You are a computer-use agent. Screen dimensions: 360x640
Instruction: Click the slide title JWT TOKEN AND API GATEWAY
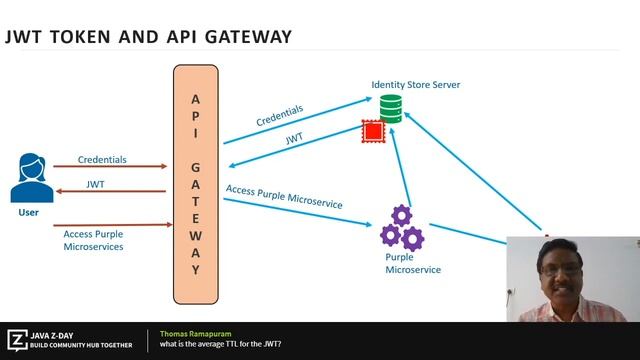pos(148,37)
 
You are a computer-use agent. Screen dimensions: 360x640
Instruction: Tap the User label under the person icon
pos(29,213)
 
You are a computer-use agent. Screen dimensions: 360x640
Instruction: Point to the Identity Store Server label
pos(415,85)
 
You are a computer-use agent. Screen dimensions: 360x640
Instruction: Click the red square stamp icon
pos(373,131)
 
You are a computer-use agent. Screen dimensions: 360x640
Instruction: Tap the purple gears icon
pos(401,227)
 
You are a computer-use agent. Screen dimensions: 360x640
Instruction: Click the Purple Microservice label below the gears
pos(412,263)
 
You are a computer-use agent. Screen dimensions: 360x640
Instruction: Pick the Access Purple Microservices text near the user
pos(93,239)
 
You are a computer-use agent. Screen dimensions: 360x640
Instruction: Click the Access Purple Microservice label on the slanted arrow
pos(284,195)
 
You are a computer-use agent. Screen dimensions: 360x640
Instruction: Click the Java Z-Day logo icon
pos(17,339)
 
